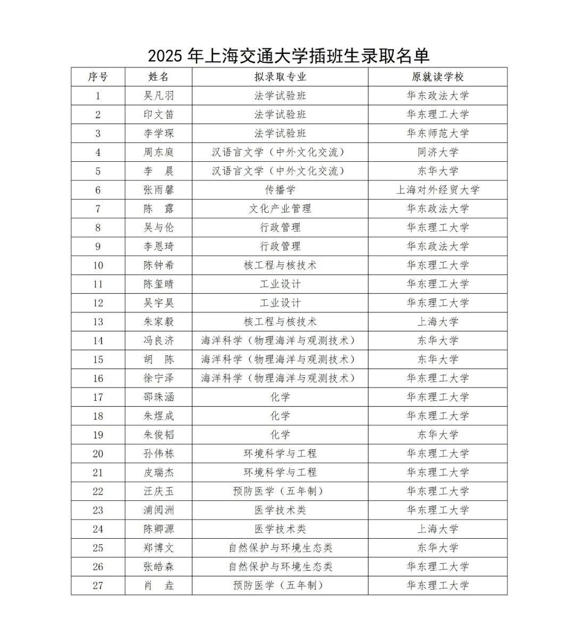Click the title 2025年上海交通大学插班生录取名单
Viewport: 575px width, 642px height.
[289, 55]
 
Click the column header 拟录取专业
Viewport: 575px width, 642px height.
[280, 77]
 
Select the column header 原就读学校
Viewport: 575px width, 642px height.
[438, 77]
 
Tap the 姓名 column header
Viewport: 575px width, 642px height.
[159, 77]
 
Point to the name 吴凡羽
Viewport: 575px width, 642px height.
[159, 96]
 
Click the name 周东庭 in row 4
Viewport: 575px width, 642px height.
[159, 152]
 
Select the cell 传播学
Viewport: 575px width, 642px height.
[280, 190]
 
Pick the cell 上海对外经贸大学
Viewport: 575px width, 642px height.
[438, 190]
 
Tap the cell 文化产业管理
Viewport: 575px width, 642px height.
[280, 209]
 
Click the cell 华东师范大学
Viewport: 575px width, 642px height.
[438, 133]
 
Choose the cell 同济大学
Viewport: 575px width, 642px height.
[438, 152]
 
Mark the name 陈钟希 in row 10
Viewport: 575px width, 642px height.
[159, 265]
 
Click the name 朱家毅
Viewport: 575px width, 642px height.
[159, 322]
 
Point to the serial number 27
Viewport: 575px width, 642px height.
[98, 586]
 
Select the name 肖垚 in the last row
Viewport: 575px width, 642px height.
[159, 586]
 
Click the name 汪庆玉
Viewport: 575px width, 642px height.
[159, 491]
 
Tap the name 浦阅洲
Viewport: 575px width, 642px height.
[159, 510]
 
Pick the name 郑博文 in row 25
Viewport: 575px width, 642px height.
[159, 548]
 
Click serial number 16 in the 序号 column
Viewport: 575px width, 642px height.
[98, 378]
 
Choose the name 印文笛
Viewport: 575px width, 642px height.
[159, 114]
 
